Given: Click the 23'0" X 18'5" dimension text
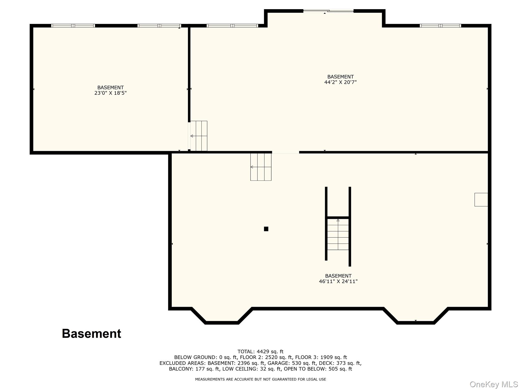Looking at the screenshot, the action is (110, 93).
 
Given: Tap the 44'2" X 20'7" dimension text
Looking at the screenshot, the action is (340, 82).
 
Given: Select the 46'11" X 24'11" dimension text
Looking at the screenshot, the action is (338, 281).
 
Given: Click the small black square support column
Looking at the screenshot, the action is (266, 229).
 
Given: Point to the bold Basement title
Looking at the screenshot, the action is (92, 333).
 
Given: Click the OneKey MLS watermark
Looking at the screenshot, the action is (494, 384).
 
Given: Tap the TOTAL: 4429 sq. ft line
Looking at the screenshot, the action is (260, 351).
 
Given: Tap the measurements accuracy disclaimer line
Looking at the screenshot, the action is (260, 379).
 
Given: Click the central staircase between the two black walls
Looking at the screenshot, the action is (338, 234).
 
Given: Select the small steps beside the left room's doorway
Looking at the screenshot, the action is (199, 136).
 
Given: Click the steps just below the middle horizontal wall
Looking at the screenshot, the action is (261, 167).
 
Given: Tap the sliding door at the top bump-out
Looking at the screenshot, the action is (328, 11).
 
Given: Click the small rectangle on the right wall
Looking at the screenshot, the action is (481, 200).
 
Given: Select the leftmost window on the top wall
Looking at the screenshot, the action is (73, 26).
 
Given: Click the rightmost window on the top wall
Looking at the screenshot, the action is (440, 26).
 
